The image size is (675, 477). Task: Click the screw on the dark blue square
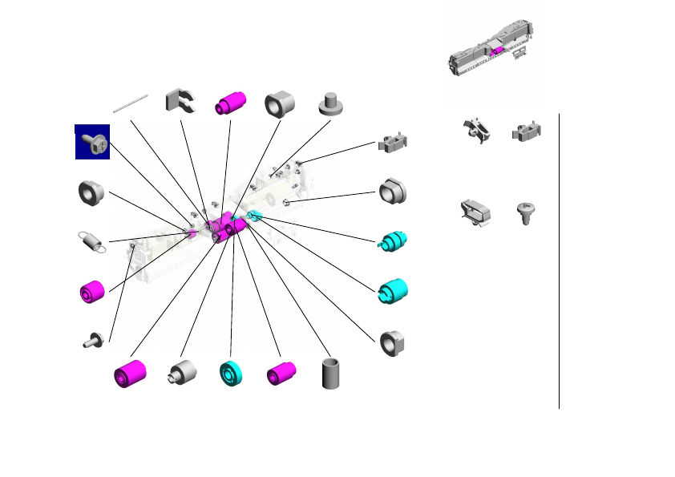92,142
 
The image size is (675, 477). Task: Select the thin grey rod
131,103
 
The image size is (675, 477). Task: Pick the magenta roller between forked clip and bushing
231,103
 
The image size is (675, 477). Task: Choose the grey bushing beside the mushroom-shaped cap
280,103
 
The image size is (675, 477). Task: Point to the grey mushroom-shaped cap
329,103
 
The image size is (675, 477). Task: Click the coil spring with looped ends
91,241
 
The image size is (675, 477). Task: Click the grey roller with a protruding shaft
181,373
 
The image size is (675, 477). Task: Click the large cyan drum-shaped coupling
393,291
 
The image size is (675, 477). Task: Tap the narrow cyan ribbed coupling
393,241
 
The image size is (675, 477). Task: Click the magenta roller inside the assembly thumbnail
498,51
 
